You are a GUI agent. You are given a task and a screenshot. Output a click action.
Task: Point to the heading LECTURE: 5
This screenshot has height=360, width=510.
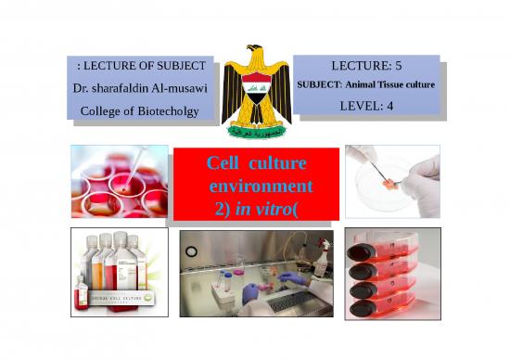(365, 67)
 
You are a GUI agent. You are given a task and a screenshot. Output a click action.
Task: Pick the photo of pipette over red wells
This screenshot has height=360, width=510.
(120, 181)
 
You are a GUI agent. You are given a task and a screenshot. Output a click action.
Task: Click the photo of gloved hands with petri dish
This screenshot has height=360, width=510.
(392, 181)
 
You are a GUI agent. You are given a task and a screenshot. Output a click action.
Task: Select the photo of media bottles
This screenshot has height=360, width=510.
(120, 272)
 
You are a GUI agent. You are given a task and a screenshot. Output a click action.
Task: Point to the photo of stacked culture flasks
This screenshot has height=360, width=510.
(392, 272)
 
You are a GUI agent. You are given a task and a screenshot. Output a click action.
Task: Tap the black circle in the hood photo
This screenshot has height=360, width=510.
(191, 250)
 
